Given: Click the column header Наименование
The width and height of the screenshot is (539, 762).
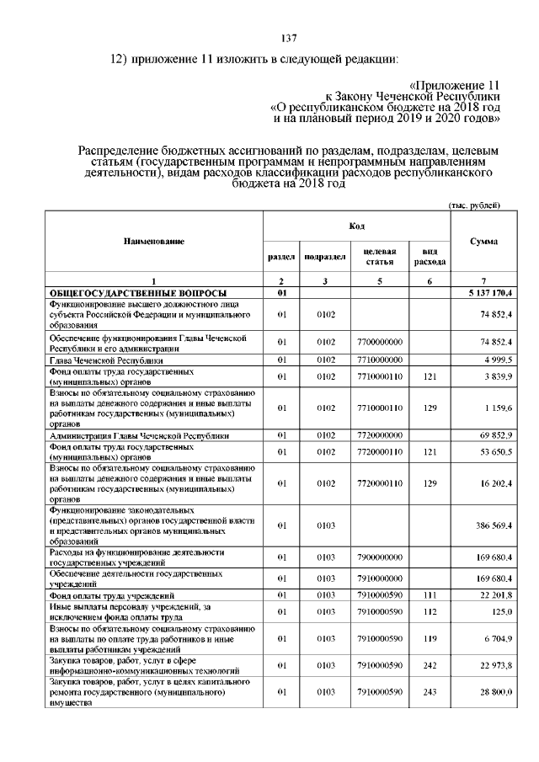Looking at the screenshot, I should click(x=154, y=242).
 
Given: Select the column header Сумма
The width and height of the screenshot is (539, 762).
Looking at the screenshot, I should click(x=483, y=242).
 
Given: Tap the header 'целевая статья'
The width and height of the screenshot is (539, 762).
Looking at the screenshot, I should click(x=378, y=257).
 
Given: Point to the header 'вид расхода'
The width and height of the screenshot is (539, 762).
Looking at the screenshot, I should click(x=430, y=257).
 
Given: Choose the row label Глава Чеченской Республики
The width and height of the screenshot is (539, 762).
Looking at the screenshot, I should click(x=105, y=360).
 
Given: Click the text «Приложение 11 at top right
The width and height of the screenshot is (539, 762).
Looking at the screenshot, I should click(x=454, y=86).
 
